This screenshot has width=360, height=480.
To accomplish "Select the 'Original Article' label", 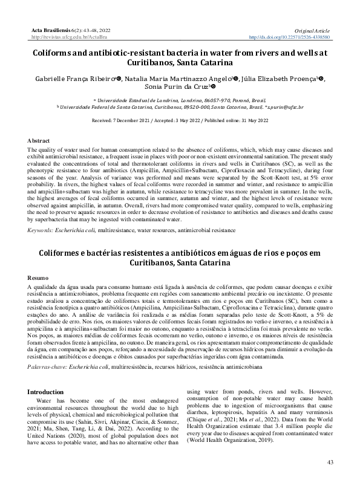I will pyautogui.click(x=313, y=30).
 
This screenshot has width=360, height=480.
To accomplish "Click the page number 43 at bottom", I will pyautogui.click(x=330, y=462).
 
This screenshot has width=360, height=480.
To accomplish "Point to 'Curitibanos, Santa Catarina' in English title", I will pyautogui.click(x=180, y=62).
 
